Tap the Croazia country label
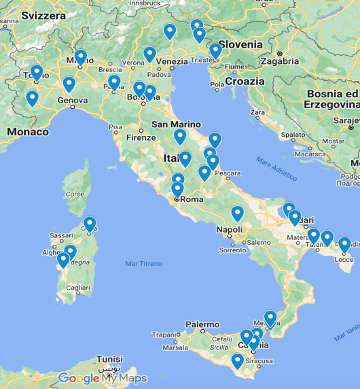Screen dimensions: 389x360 coord(245,81)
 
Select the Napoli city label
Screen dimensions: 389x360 coord(229,230)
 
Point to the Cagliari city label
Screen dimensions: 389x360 coord(78,288)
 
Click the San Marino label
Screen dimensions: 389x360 coord(176,124)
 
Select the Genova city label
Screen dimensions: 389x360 coord(72,101)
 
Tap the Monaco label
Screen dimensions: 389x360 coord(23,131)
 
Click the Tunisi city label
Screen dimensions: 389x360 coord(109,358)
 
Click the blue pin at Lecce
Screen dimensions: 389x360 coord(344,245)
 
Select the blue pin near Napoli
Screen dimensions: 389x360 coord(237,214)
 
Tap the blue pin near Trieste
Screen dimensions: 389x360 coord(215,51)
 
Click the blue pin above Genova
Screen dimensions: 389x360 coord(69,84)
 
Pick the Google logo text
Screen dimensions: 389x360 coord(79,378)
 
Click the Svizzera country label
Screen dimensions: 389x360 coord(44,15)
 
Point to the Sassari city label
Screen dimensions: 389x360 coord(61,236)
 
